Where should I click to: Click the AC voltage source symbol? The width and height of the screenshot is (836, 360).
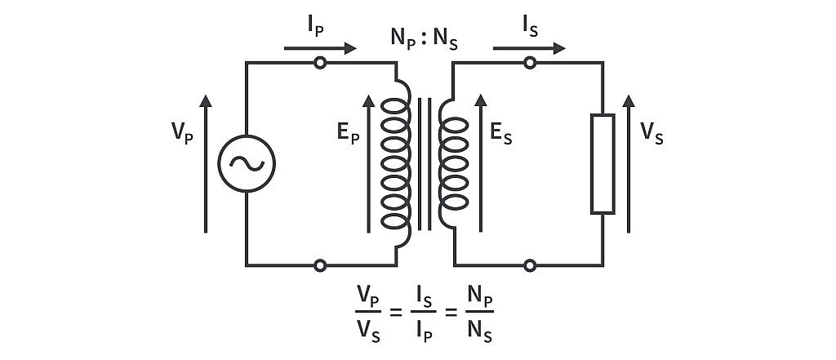click(x=246, y=163)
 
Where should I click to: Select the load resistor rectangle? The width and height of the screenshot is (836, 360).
click(x=603, y=164)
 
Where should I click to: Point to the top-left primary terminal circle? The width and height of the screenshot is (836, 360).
click(x=320, y=63)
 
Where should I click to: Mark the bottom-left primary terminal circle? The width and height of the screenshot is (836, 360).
click(x=320, y=265)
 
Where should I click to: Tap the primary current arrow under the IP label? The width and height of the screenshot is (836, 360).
click(x=320, y=48)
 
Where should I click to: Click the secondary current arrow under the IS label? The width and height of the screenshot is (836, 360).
click(x=529, y=48)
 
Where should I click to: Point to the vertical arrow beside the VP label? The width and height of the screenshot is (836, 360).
click(x=206, y=163)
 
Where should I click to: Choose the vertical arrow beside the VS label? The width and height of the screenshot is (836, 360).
click(x=628, y=163)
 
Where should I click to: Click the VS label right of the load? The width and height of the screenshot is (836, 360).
click(x=652, y=134)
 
